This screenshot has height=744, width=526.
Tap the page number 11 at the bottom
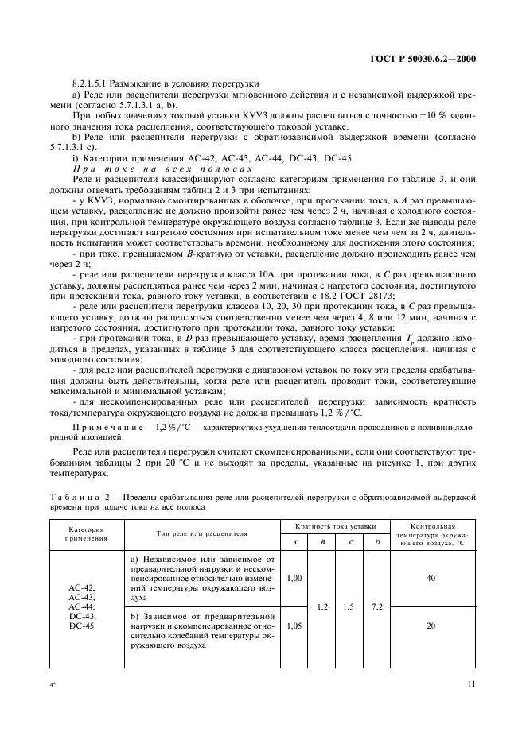coord(471,683)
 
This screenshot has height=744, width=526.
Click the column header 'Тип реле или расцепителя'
coord(202,533)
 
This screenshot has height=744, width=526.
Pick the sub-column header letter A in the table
coord(293,542)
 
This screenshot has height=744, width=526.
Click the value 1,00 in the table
coord(293,578)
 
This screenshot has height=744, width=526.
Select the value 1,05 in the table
coord(293,626)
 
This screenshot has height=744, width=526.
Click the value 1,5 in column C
coord(349,606)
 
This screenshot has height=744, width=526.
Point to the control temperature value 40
coord(431,579)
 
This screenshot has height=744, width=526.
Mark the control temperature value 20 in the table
coord(431,626)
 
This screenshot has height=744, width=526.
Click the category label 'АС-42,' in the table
coord(82,587)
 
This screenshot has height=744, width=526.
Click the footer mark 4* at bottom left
coord(52,683)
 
